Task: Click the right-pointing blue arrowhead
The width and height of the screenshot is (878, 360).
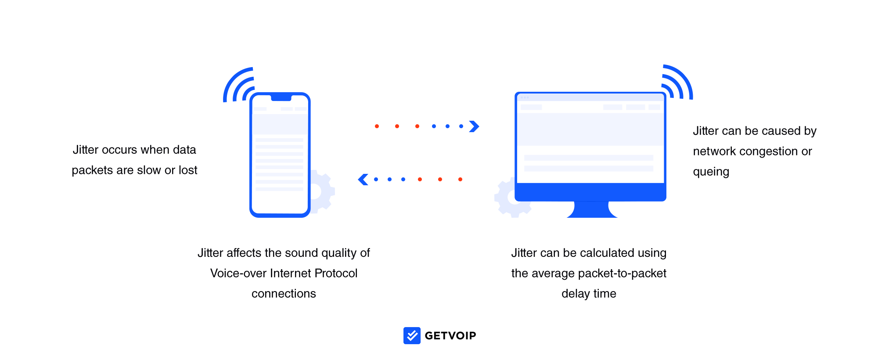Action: click(x=474, y=126)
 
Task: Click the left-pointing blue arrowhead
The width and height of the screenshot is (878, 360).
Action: click(x=363, y=180)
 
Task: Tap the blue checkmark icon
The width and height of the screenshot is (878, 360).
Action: click(x=412, y=335)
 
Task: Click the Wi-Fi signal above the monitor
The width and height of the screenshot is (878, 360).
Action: click(x=677, y=83)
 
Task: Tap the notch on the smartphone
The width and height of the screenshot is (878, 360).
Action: click(x=281, y=97)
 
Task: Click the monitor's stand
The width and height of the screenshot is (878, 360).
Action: click(x=591, y=209)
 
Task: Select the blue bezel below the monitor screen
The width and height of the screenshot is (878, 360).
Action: click(x=590, y=192)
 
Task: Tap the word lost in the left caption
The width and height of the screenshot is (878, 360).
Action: click(x=188, y=170)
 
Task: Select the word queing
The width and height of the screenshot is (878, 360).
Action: click(x=711, y=172)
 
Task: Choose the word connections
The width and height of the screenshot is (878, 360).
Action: click(x=284, y=294)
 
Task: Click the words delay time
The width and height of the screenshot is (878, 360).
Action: click(x=589, y=294)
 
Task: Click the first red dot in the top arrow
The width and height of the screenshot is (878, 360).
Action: click(x=377, y=126)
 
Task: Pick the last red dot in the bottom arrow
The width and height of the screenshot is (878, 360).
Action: click(x=460, y=180)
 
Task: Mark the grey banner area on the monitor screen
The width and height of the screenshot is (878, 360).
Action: click(x=590, y=129)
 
